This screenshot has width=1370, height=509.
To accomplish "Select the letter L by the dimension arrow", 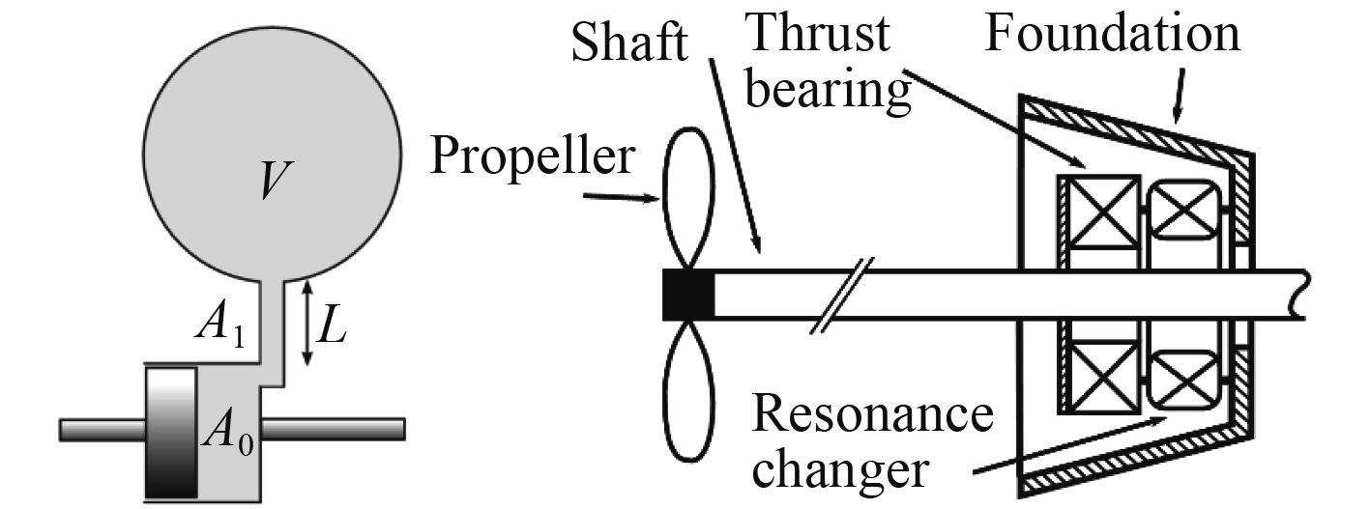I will coord(332,327).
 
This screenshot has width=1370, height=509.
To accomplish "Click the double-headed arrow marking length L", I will coord(306,323).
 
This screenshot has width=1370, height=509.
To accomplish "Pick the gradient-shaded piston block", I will coord(171,432).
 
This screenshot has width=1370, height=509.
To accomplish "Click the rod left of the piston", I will coord(102,427).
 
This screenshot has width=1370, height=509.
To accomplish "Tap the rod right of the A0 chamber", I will coord(334,427).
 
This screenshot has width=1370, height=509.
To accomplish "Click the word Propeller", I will coord(533,155).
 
